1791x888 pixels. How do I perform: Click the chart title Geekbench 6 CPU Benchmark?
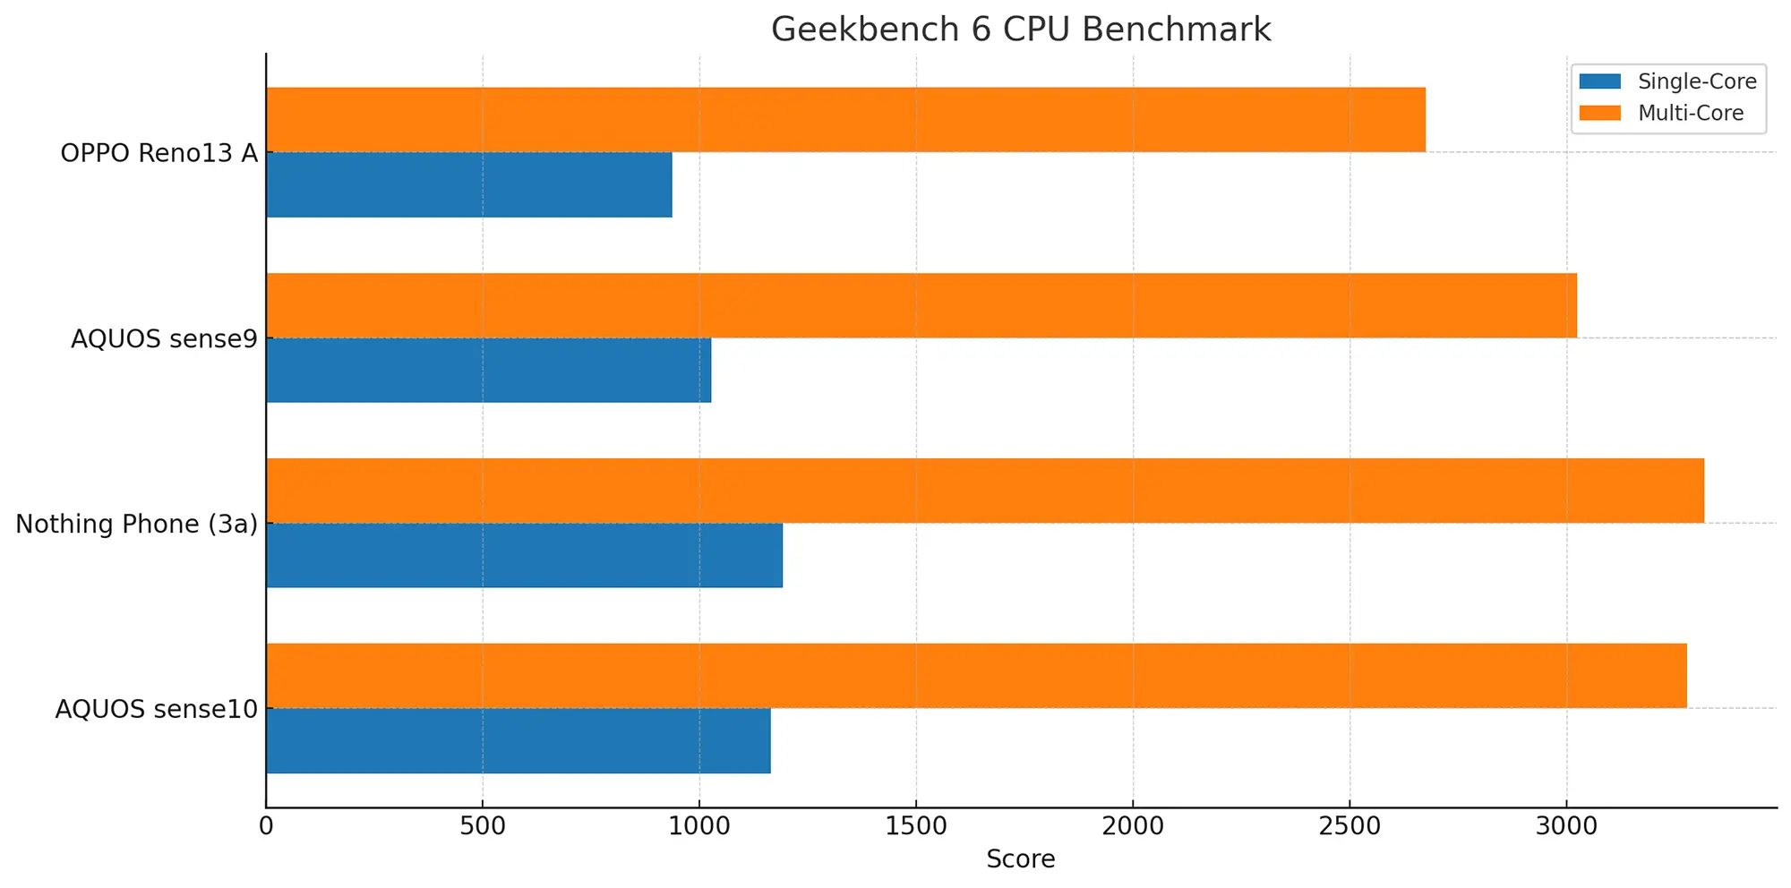(x=1020, y=30)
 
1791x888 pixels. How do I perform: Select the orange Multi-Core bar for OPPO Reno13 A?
(x=845, y=120)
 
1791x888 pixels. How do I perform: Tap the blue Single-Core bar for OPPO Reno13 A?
(x=468, y=184)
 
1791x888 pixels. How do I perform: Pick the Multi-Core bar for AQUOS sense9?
(x=921, y=305)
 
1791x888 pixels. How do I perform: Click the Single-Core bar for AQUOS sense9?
(x=488, y=370)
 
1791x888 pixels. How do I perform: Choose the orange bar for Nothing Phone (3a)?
(x=985, y=491)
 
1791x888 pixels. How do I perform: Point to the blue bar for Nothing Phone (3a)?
(x=524, y=555)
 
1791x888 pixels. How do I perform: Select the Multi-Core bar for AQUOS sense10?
(x=976, y=676)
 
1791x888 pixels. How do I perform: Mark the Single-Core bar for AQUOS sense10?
(x=518, y=740)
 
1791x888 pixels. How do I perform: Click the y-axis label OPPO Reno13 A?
(x=159, y=153)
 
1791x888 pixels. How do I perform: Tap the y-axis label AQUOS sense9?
(x=164, y=339)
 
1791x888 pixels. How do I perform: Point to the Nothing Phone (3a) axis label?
(x=136, y=524)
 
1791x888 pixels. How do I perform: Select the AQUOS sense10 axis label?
(x=157, y=709)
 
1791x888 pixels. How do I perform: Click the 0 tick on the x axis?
(x=266, y=825)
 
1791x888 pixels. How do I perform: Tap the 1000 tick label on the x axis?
(x=699, y=825)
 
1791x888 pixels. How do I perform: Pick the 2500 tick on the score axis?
(x=1350, y=825)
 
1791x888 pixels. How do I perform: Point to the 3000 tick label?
(x=1566, y=825)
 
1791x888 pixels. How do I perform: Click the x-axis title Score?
(x=1020, y=859)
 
